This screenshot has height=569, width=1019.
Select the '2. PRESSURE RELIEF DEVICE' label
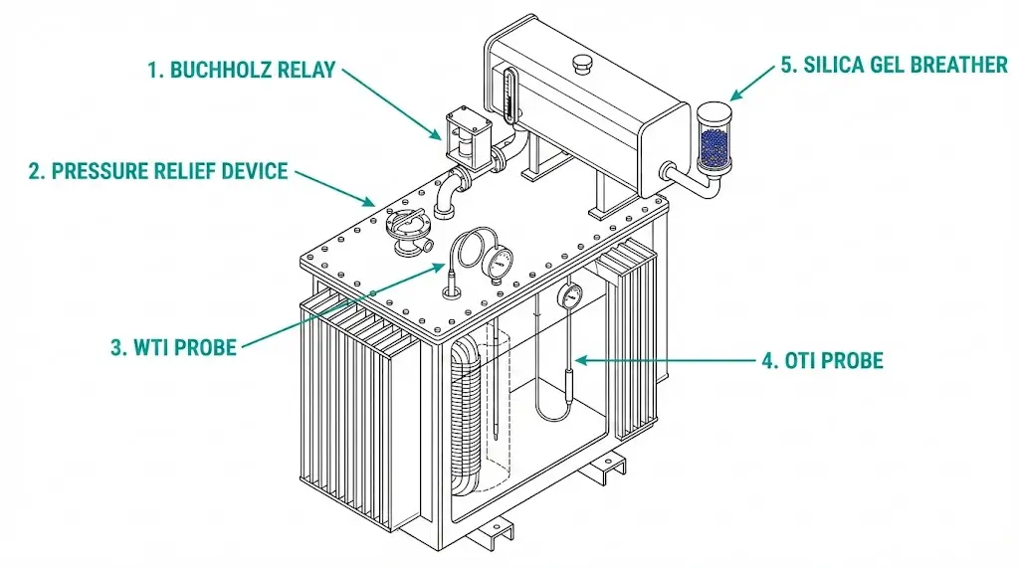point(158,171)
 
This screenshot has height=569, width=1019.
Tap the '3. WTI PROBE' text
point(173,347)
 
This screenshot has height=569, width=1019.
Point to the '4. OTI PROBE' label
point(821,360)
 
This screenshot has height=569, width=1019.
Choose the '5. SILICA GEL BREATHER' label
point(894,66)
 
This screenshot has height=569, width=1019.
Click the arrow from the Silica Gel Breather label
point(753,83)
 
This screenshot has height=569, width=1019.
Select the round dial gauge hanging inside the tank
point(571,295)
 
